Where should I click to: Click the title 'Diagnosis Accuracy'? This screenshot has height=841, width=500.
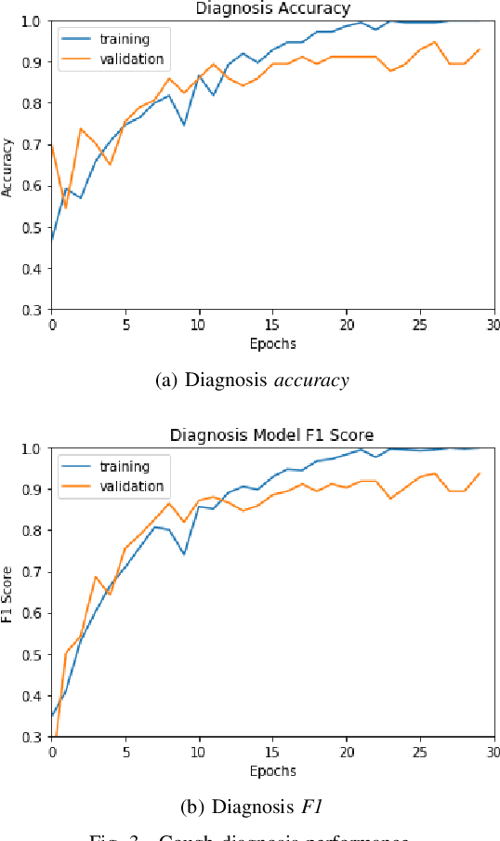coord(271,8)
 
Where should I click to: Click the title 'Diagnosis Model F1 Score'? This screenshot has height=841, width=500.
coord(271,435)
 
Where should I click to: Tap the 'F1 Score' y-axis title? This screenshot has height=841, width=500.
coord(8,593)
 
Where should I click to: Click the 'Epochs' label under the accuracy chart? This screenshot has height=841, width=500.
coord(272,343)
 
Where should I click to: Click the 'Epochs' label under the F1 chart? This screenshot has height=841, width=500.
coord(272,770)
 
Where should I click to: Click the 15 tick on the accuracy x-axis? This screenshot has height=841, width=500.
coord(272,325)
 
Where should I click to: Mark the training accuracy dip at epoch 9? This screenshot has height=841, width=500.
coord(184,125)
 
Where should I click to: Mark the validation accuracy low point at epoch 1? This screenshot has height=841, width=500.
coord(66,207)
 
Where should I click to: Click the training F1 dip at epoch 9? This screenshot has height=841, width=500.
coord(184,554)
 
